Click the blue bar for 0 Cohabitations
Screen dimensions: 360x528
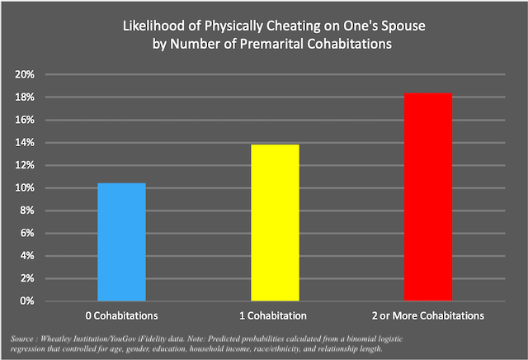[121, 242]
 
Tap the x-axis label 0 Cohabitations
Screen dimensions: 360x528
[121, 316]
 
